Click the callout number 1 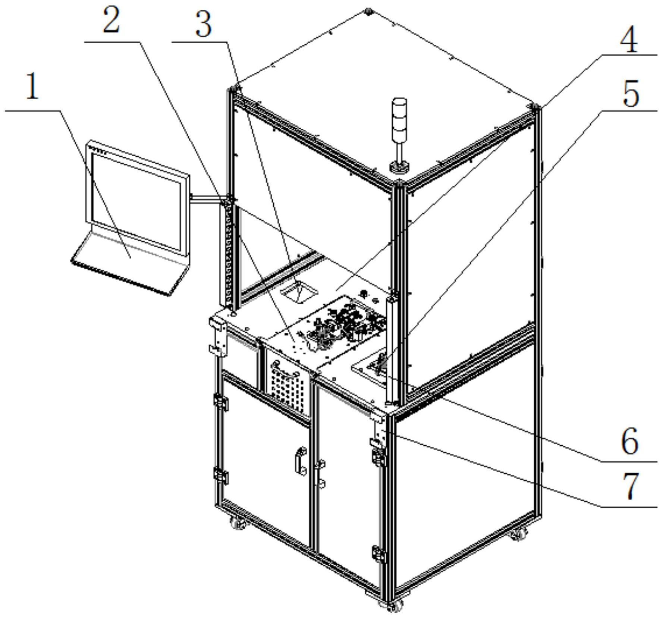pyautogui.click(x=32, y=86)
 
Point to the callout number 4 pyautogui.click(x=629, y=38)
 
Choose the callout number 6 pyautogui.click(x=630, y=442)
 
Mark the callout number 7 pyautogui.click(x=631, y=487)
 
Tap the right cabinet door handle pyautogui.click(x=320, y=474)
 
